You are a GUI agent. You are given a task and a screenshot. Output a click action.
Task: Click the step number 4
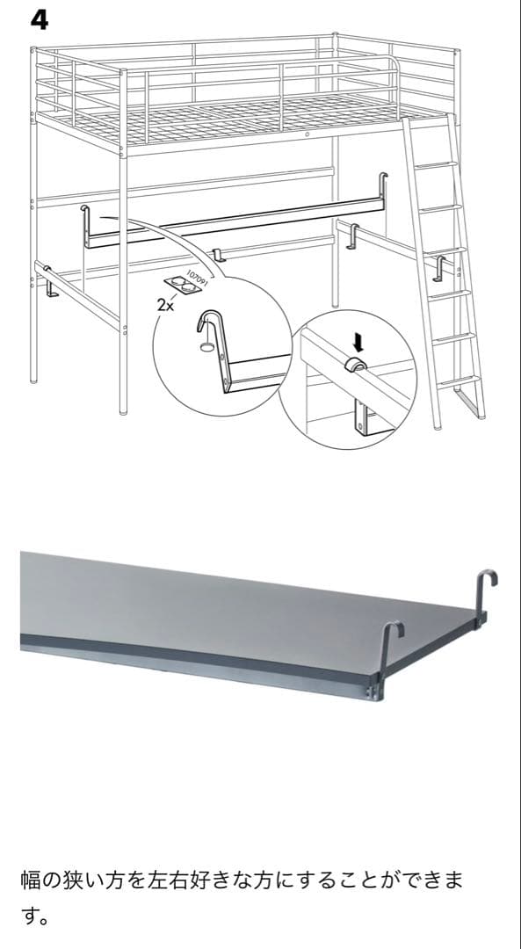(40, 19)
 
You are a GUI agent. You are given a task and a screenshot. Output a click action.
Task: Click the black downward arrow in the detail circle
(357, 337)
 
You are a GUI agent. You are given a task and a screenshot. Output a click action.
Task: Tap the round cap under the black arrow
(356, 364)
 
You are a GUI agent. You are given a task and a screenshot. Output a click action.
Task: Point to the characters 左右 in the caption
(174, 880)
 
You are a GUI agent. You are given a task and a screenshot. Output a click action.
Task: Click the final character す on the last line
(32, 918)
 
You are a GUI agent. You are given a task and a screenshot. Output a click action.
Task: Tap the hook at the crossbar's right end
(385, 186)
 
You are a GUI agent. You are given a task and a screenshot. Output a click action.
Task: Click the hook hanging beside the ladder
(439, 267)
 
